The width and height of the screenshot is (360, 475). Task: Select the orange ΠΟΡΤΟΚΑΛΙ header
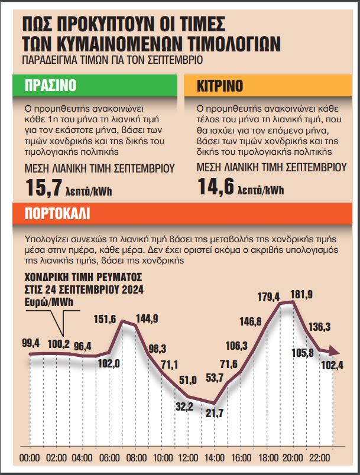(x=58, y=213)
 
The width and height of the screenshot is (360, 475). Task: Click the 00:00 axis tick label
(x=30, y=458)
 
